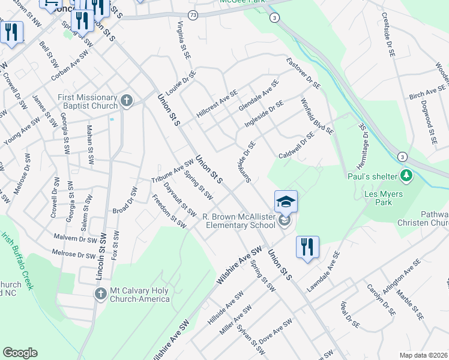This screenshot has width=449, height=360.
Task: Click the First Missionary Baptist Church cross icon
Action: click(x=126, y=100)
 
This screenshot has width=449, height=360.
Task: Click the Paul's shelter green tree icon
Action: click(x=407, y=176)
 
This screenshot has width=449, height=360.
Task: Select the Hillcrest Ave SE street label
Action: click(x=217, y=104)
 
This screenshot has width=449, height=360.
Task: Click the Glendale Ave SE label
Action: click(x=259, y=95)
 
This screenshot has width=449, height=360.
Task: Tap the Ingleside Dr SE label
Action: click(x=264, y=115)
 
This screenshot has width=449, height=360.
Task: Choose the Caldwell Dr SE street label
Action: click(x=297, y=146)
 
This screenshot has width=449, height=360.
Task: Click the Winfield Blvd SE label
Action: click(x=316, y=116)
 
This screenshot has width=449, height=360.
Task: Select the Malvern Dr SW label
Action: click(x=74, y=238)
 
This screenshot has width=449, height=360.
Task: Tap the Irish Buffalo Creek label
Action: click(x=17, y=260)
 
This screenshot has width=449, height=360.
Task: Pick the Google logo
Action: click(x=20, y=353)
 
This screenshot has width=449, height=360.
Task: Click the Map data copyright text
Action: click(x=423, y=355)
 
